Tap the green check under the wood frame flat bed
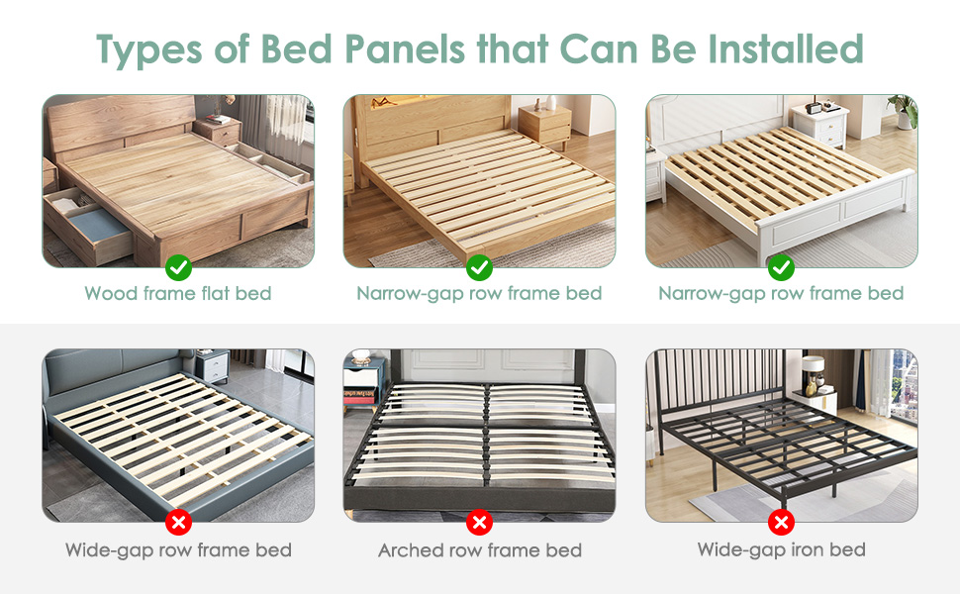[178, 266]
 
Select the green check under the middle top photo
[479, 266]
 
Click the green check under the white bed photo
[781, 266]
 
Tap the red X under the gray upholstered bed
[178, 522]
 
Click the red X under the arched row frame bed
[479, 522]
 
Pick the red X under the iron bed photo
[781, 522]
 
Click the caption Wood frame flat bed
[178, 293]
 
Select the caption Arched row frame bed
[479, 550]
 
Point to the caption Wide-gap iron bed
[781, 549]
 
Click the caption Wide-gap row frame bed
[178, 550]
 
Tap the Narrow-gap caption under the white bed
[781, 293]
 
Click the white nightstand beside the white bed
[819, 126]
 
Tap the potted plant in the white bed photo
[903, 110]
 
